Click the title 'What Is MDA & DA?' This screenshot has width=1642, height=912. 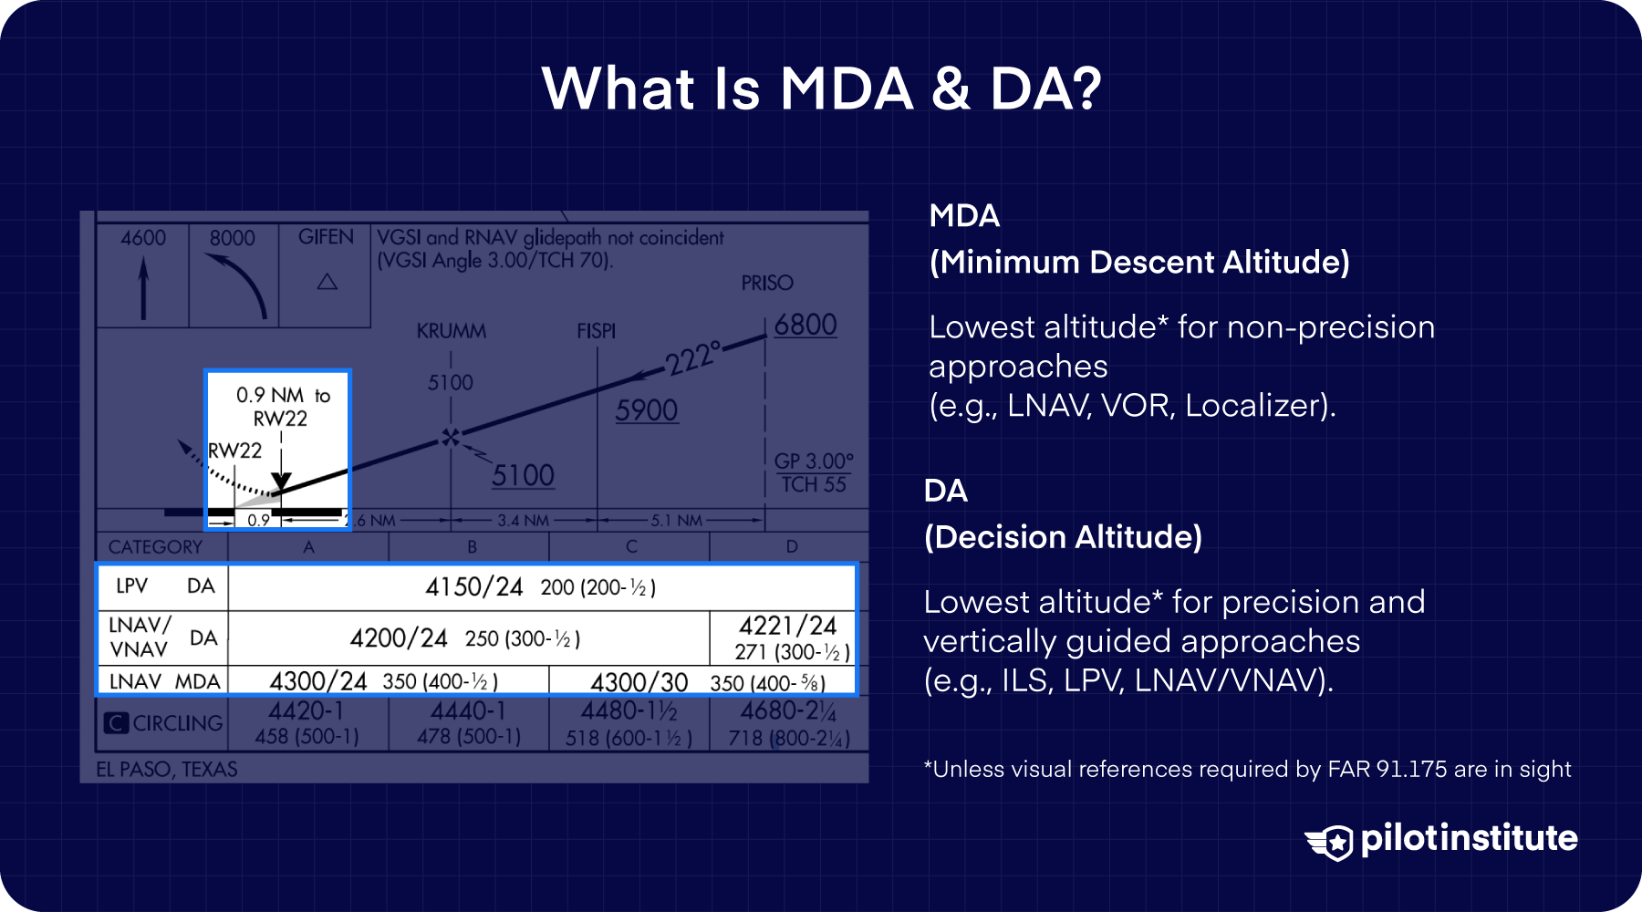pos(821,88)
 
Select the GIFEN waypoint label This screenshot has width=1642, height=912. pos(326,237)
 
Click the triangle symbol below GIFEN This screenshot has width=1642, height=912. pos(327,282)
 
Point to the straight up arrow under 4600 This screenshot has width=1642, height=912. pos(143,287)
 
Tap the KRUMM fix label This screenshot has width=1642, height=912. pos(451,331)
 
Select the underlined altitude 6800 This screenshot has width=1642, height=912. pos(805,325)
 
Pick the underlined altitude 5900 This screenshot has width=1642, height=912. pos(646,410)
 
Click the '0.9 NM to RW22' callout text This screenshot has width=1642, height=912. pos(282,407)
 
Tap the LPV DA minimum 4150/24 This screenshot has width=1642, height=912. pos(473,586)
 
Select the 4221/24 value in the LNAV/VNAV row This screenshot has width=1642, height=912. pos(787,626)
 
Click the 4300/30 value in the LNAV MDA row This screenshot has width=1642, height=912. pos(639,682)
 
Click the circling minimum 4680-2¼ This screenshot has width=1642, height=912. pos(788,710)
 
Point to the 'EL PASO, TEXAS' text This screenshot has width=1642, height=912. pos(167,769)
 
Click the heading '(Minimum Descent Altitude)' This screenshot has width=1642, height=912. pos(1139,262)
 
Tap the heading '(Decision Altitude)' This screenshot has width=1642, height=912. pos(1063,536)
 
